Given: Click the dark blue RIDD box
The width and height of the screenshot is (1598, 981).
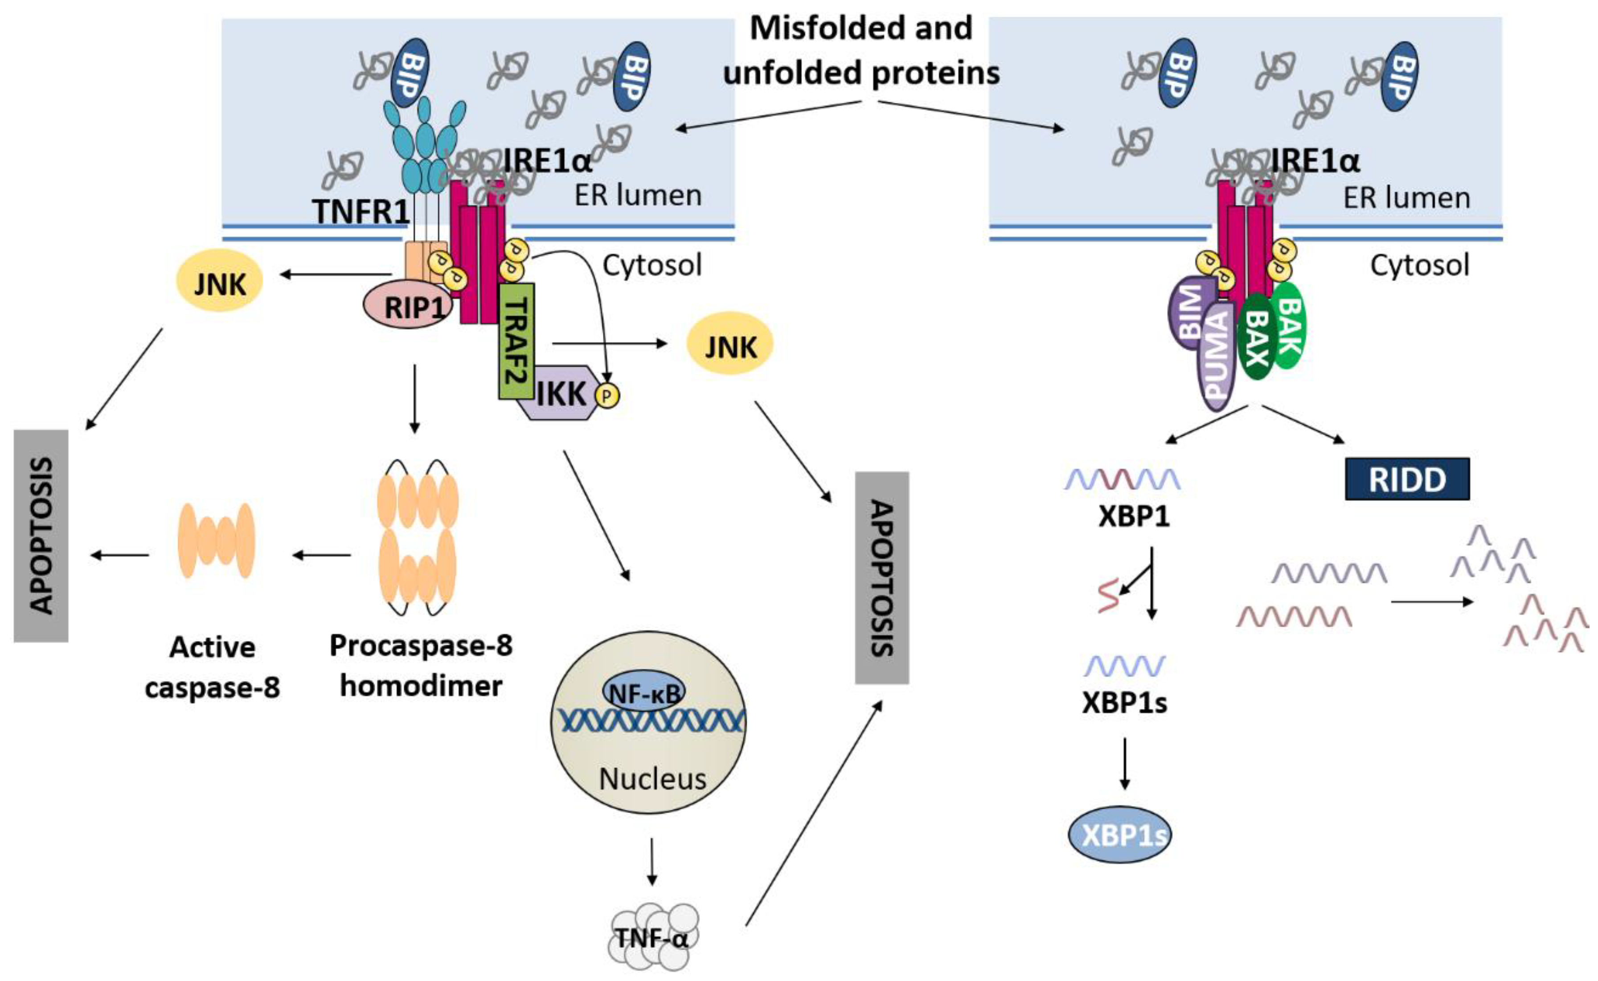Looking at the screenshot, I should (x=1406, y=479).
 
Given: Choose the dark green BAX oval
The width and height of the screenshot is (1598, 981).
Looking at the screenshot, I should (x=1257, y=337).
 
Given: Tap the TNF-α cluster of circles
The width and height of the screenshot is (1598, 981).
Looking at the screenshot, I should (x=651, y=937).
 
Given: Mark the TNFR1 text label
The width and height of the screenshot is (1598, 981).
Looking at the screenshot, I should (x=361, y=212).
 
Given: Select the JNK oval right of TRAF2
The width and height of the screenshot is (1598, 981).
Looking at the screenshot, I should (x=730, y=344).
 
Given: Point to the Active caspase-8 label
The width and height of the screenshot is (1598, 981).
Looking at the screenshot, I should (x=212, y=666).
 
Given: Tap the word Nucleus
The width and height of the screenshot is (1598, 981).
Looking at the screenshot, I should (x=652, y=779).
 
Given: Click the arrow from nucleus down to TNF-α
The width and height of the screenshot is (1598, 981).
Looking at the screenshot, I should (x=651, y=862).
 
